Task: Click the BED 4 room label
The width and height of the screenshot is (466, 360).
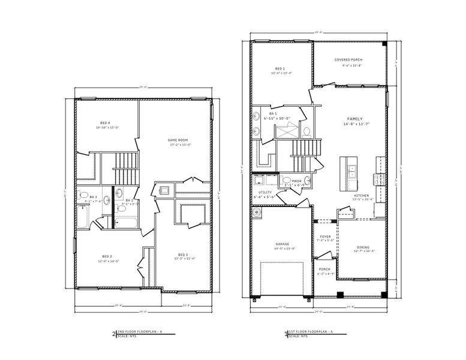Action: click(x=107, y=122)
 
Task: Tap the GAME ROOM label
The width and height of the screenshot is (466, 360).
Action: click(x=178, y=140)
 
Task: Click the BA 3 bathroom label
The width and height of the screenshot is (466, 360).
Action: click(x=93, y=197)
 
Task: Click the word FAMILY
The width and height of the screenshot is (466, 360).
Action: click(x=354, y=119)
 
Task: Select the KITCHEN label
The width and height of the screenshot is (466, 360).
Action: click(x=361, y=196)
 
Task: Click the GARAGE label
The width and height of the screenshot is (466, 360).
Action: click(x=282, y=244)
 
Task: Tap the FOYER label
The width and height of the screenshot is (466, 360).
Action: click(x=326, y=236)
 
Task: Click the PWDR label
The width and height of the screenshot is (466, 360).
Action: click(x=288, y=180)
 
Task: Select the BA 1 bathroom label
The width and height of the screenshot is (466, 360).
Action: click(x=273, y=113)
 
